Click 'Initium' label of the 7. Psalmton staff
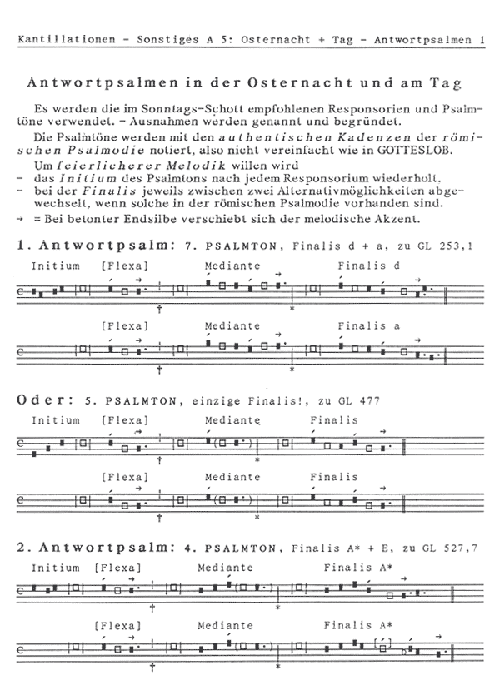coord(55,266)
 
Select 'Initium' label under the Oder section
coord(55,419)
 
